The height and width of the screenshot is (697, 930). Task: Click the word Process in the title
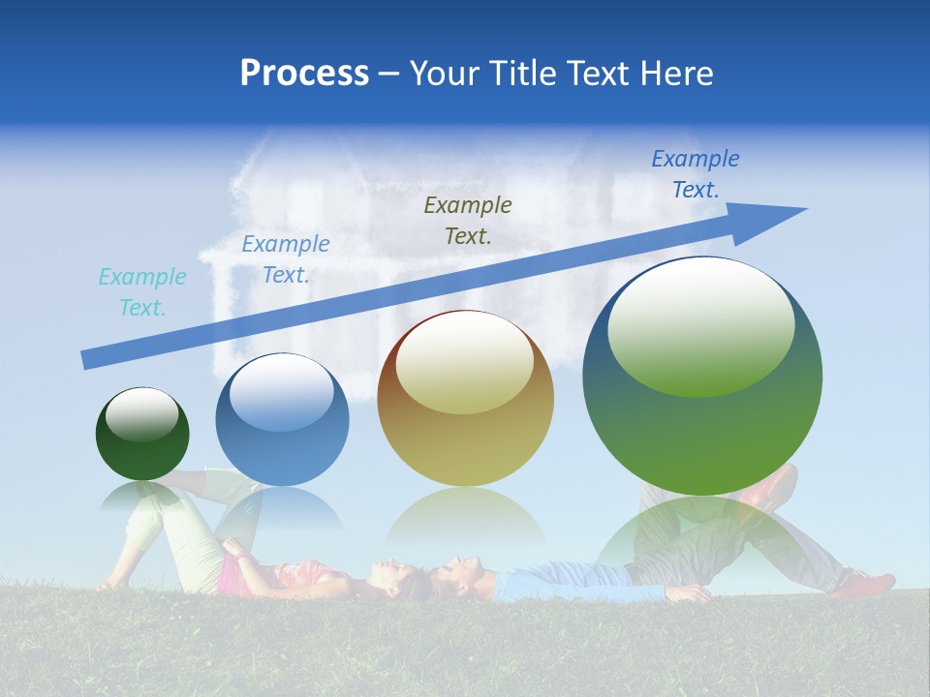point(304,74)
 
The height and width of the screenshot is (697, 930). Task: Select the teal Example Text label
point(142,292)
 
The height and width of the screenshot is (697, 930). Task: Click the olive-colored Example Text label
point(468,220)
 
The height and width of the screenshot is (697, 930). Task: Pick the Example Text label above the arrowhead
point(695,174)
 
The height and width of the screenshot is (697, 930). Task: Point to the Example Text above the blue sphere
point(286,259)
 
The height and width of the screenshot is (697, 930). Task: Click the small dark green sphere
point(142,435)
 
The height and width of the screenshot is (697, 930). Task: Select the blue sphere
point(282,420)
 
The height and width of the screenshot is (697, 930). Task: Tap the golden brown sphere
point(465,399)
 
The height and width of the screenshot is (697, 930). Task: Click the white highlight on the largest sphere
point(700,324)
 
